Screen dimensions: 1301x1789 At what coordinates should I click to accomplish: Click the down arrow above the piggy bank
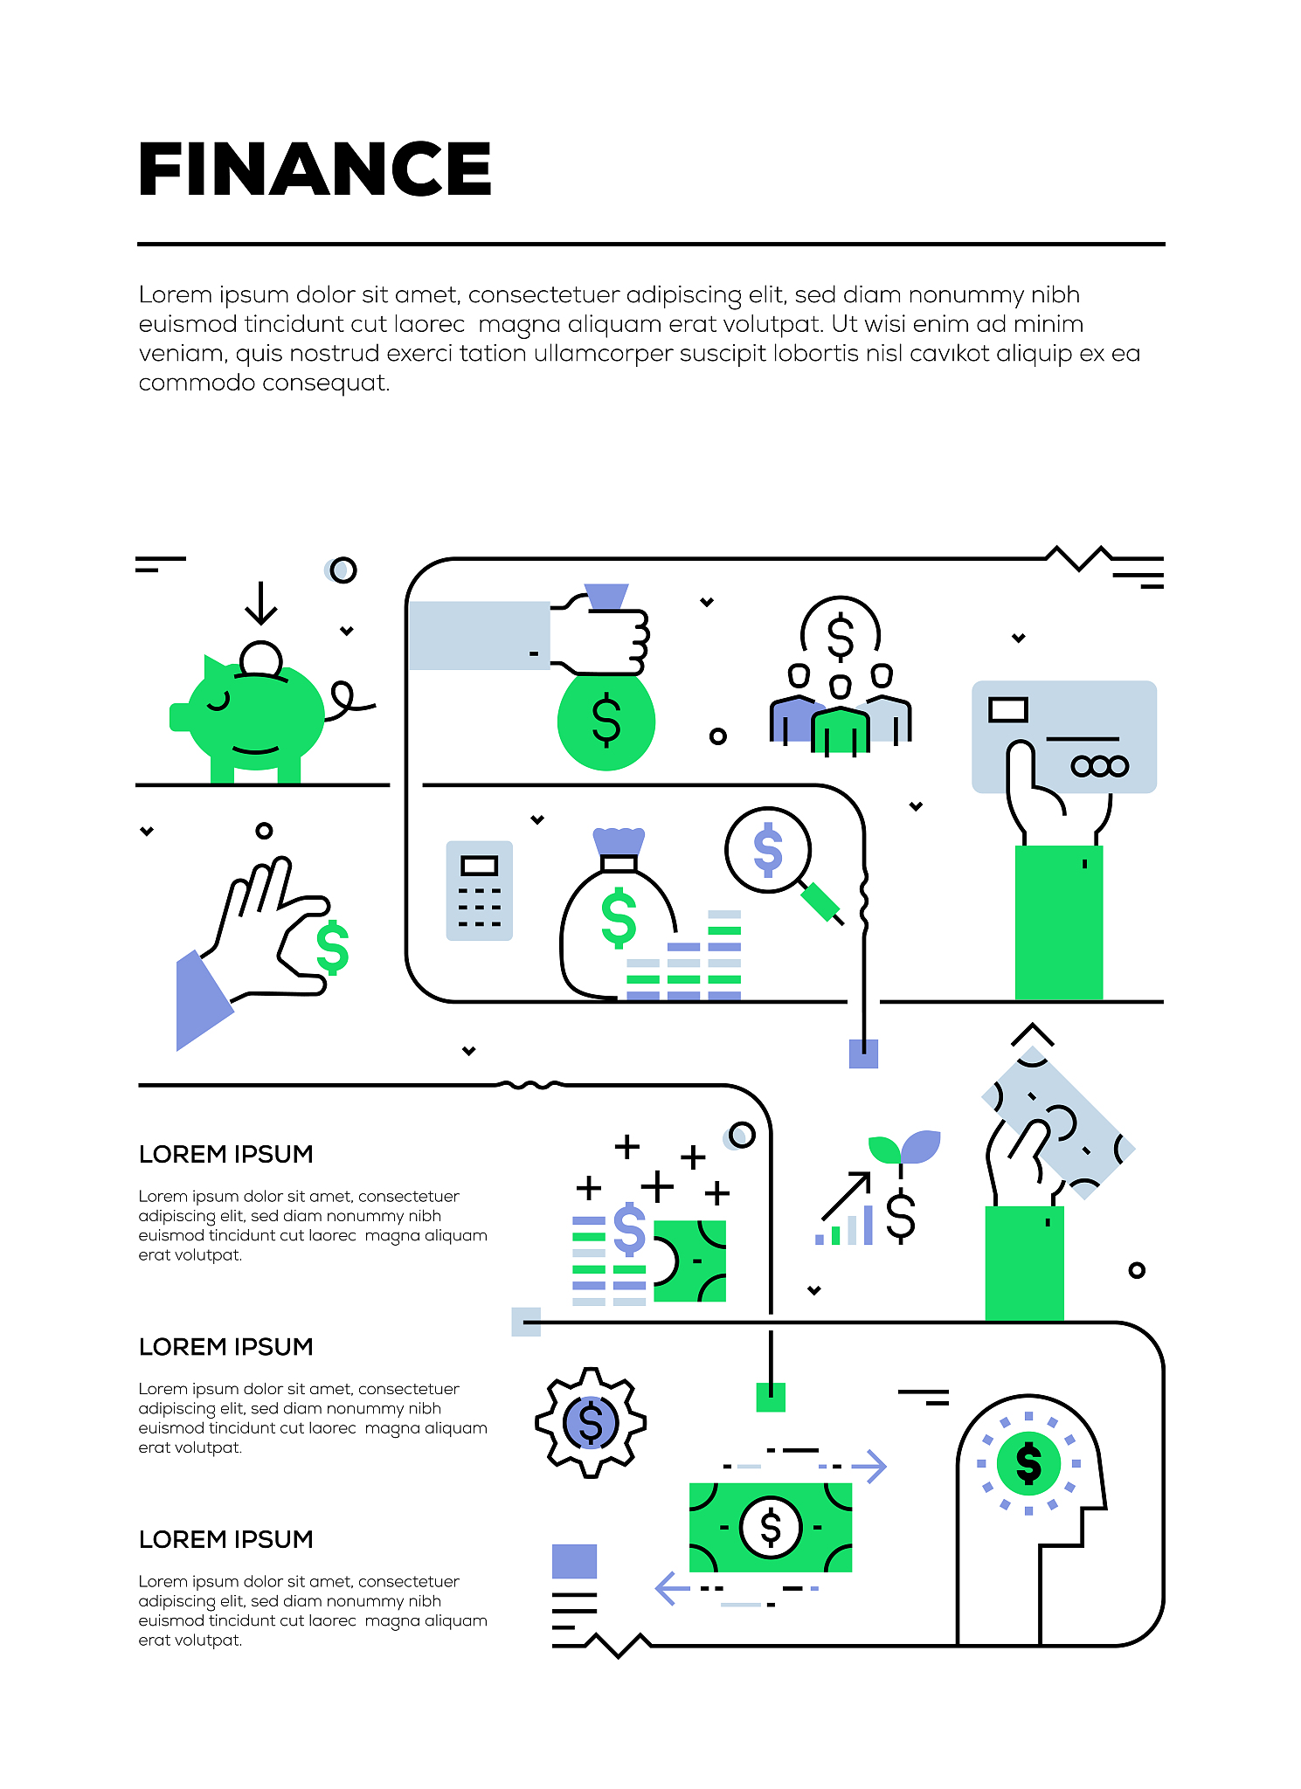260,603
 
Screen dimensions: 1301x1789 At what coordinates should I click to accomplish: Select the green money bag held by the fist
606,721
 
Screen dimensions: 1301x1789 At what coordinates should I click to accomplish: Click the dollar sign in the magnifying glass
768,850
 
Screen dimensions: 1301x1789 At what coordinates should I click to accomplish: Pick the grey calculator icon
479,890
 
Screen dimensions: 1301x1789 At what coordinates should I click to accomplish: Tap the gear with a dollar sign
591,1422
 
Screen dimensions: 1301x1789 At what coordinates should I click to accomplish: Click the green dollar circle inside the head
1028,1463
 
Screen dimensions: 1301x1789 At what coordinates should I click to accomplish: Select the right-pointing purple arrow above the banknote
869,1467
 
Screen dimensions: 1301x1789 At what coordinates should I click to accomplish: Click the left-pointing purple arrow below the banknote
672,1588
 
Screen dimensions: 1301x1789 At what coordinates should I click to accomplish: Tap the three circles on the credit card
1100,766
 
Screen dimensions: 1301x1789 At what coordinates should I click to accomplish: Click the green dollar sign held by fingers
333,948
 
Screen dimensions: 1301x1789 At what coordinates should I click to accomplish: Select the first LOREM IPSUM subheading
225,1154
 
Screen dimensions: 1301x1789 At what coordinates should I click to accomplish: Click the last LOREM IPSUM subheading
225,1539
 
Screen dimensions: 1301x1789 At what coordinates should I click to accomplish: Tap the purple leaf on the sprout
921,1145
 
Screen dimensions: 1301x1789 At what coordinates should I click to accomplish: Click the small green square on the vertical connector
771,1397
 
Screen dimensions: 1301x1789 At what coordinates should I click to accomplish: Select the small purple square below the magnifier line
863,1053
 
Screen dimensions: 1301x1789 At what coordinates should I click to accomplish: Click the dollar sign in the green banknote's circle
771,1528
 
